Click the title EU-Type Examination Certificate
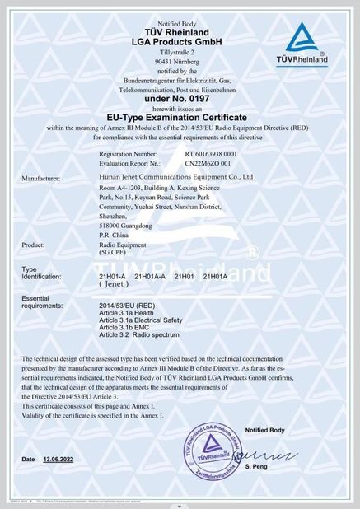coord(180,118)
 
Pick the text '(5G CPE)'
coord(114,254)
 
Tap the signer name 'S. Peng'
coord(278,466)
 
